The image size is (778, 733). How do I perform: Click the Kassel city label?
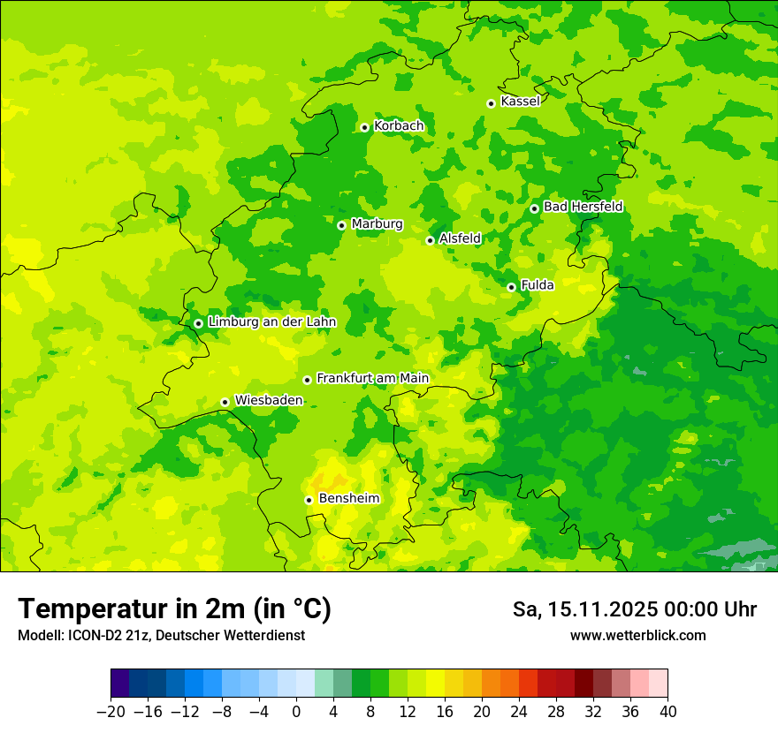click(x=520, y=102)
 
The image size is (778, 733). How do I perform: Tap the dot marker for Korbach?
click(x=364, y=127)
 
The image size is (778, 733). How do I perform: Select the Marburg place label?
click(x=377, y=224)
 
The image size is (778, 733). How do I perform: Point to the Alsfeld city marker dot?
click(x=431, y=240)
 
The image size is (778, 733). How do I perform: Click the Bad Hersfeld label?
click(x=583, y=207)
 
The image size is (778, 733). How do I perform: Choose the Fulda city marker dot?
click(x=511, y=287)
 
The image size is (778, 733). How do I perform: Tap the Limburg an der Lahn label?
click(x=271, y=322)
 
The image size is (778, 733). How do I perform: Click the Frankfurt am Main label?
click(x=372, y=379)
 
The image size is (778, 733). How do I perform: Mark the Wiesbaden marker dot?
click(x=225, y=403)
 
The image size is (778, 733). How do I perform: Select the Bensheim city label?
click(x=348, y=499)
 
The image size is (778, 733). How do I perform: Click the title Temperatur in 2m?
click(x=174, y=609)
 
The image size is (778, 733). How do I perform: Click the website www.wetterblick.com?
click(x=637, y=636)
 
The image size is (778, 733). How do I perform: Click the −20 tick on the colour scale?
click(x=111, y=712)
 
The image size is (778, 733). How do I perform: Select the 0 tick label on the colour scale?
click(x=296, y=712)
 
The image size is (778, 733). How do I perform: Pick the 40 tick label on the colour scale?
click(x=667, y=712)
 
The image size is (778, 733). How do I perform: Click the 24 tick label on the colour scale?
click(x=519, y=712)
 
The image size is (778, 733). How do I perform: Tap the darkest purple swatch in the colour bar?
click(x=120, y=684)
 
